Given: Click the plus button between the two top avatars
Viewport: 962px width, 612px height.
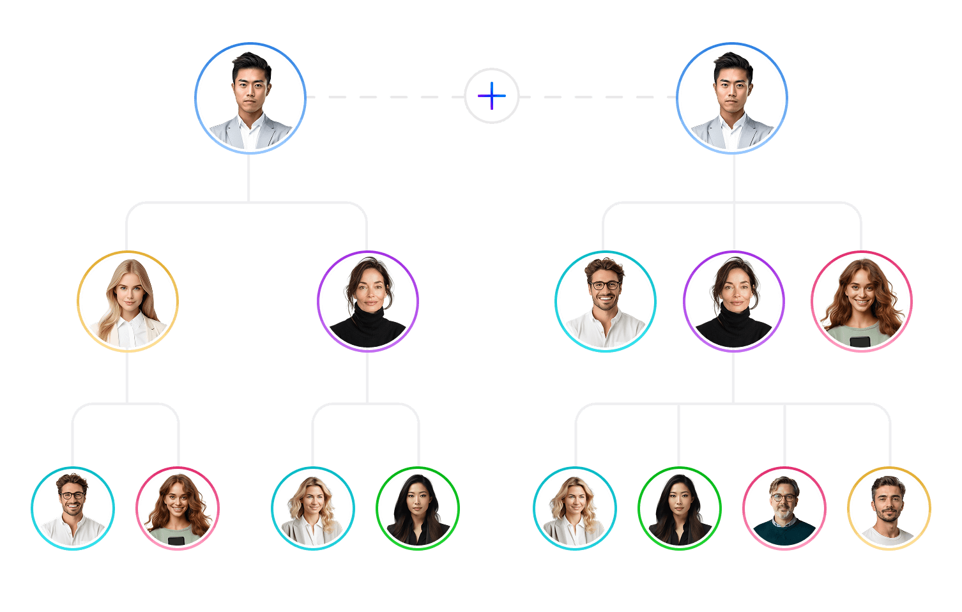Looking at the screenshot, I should tap(492, 96).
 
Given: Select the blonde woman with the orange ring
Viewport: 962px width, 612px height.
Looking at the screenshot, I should tap(128, 302).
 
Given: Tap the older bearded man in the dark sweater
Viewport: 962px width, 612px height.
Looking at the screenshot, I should tap(784, 509).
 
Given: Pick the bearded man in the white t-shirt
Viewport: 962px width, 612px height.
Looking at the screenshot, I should tap(889, 509).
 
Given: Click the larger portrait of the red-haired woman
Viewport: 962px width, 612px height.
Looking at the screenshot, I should tap(862, 302).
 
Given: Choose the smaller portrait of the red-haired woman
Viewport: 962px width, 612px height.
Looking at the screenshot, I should tap(178, 509).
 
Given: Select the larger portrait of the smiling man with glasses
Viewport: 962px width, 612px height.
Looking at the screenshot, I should tap(606, 302).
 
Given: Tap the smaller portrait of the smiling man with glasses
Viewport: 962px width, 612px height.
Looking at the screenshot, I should tap(73, 509).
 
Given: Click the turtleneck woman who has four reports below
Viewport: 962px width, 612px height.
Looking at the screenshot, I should tap(734, 302).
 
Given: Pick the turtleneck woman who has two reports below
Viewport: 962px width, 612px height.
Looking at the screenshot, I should tap(368, 302).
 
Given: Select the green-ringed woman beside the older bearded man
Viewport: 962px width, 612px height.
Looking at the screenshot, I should tap(680, 509).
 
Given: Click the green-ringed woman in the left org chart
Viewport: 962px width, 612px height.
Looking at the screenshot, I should tap(418, 509).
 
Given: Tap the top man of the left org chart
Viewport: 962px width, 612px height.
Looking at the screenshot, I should tap(250, 98).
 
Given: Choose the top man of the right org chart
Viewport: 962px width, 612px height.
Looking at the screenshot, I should tap(732, 98).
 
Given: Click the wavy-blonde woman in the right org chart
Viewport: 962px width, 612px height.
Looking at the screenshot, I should tap(575, 509).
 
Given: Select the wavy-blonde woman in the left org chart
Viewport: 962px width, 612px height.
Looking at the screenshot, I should tap(313, 509).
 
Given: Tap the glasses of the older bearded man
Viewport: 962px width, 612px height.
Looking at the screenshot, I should tap(783, 497).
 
